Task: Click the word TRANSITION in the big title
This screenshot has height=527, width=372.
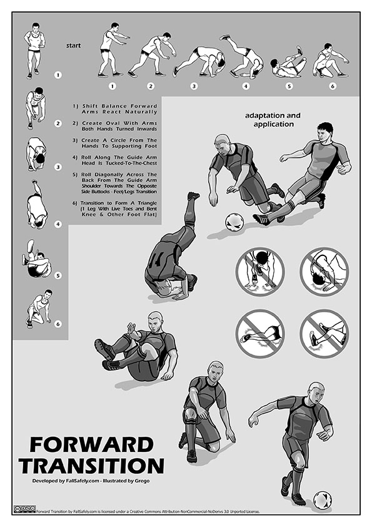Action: pos(92,466)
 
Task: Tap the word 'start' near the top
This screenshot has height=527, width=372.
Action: pos(73,45)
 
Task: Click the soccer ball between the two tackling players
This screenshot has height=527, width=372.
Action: pos(234,222)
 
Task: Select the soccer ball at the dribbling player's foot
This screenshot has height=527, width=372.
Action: pos(323,500)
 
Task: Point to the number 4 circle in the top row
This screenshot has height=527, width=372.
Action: pos(246,86)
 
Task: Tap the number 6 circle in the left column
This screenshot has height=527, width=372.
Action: pos(58,324)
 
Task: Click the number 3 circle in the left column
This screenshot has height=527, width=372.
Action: pos(58,166)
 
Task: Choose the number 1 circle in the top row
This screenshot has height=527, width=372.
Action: pos(112,86)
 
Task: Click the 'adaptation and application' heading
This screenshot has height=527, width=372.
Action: pos(273,120)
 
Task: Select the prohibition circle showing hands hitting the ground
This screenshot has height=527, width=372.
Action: pos(260,272)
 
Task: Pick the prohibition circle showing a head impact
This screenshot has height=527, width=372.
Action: pos(324,272)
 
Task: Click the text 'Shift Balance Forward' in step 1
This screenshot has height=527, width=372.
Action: pos(119,106)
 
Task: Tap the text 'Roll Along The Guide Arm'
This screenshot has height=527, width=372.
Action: pos(119,157)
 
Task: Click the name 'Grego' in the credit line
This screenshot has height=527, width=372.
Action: pos(142,481)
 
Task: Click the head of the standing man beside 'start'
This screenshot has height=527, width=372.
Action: pos(36,27)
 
